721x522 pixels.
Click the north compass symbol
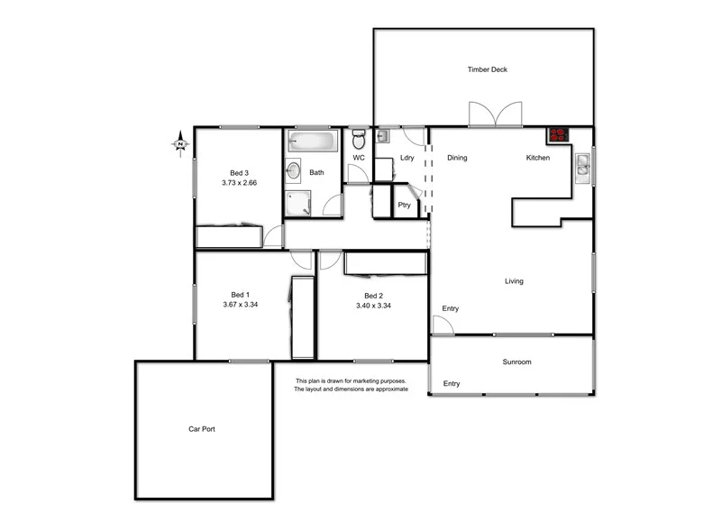click(181, 143)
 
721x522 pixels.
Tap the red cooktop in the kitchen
click(559, 135)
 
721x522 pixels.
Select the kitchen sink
click(583, 165)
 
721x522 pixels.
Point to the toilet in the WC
click(359, 140)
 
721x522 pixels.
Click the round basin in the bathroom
click(293, 169)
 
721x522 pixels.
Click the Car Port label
click(201, 429)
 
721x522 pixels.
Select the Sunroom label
click(516, 362)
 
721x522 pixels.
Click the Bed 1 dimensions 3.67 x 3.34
click(241, 305)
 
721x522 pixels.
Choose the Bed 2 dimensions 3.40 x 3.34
click(373, 305)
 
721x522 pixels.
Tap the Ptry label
click(404, 205)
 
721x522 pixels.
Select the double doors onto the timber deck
click(494, 114)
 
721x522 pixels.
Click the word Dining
click(457, 159)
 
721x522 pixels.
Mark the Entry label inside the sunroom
click(451, 384)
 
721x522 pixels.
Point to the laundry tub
click(382, 136)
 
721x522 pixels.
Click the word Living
click(514, 281)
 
